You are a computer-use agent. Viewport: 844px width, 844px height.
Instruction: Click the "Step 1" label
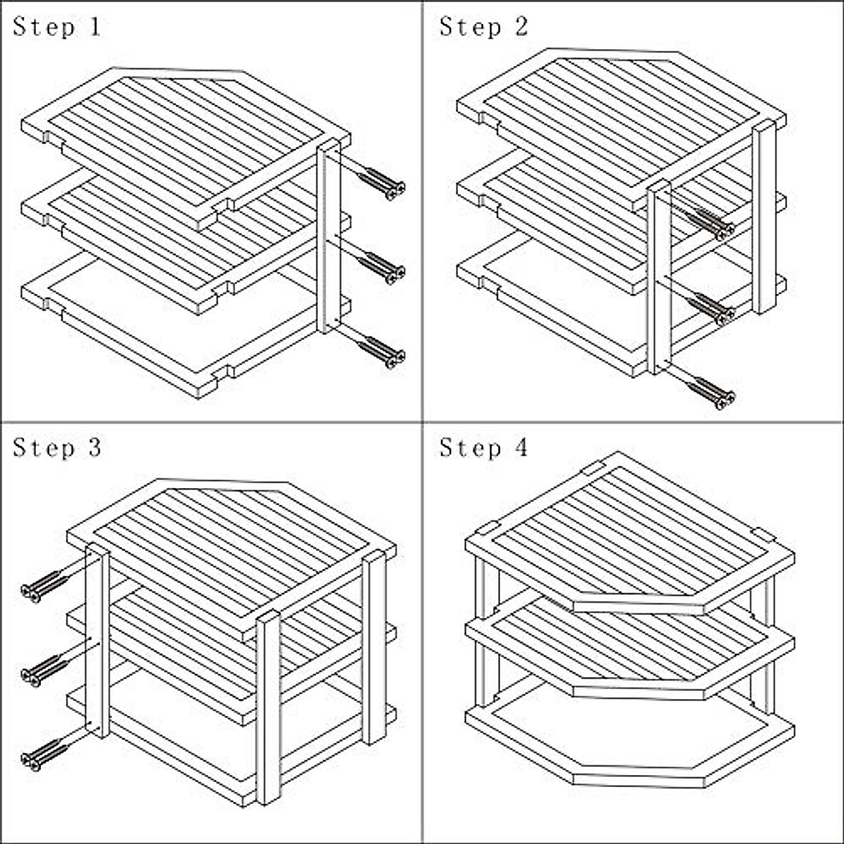coord(57,27)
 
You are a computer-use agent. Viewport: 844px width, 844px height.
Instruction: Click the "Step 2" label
coord(483,27)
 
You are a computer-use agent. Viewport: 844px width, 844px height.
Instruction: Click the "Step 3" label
coord(57,448)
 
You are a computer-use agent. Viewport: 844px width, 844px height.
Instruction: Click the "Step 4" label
coord(483,448)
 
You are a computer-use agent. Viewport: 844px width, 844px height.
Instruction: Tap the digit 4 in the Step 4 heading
coord(521,447)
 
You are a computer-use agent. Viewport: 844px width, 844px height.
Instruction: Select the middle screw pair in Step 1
coord(381,268)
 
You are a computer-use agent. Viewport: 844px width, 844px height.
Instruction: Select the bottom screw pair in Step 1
coord(381,352)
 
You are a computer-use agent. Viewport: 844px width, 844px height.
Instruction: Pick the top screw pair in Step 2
coord(710,224)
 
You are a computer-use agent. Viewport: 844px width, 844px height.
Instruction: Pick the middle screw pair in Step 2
coord(710,309)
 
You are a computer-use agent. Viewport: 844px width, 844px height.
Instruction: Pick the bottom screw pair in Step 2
coord(710,394)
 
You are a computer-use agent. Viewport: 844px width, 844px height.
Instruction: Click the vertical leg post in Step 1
coord(328,236)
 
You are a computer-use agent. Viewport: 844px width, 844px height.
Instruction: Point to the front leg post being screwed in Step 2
coord(659,277)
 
